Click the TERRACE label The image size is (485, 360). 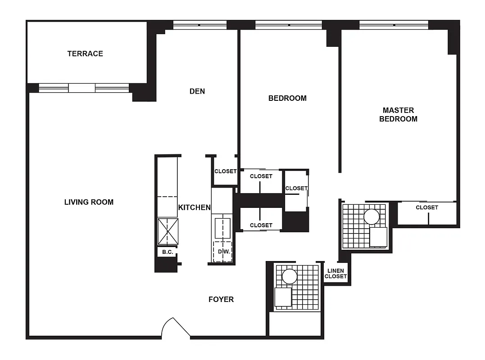[x=85, y=54]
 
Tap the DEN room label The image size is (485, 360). [x=197, y=91]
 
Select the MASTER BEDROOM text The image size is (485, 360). [x=398, y=114]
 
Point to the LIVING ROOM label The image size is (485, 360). [x=89, y=202]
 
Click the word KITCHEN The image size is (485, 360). [x=195, y=207]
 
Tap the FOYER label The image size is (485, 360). [x=221, y=299]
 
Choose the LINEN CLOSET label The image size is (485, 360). [x=335, y=274]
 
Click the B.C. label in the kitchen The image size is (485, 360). [x=168, y=252]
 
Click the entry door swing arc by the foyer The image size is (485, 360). [x=176, y=326]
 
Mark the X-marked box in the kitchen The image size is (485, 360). [x=168, y=231]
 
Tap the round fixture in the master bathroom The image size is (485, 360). [x=372, y=217]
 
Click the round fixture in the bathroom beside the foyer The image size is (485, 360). [x=289, y=276]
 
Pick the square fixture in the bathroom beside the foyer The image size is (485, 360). [x=283, y=297]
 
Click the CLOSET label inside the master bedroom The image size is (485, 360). [x=426, y=207]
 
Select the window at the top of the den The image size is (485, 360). [x=199, y=25]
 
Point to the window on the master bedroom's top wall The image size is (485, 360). [x=393, y=25]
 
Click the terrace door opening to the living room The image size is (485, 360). [x=82, y=88]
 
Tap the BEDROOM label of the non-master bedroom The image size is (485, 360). [x=287, y=98]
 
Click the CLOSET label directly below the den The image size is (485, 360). [x=225, y=171]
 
